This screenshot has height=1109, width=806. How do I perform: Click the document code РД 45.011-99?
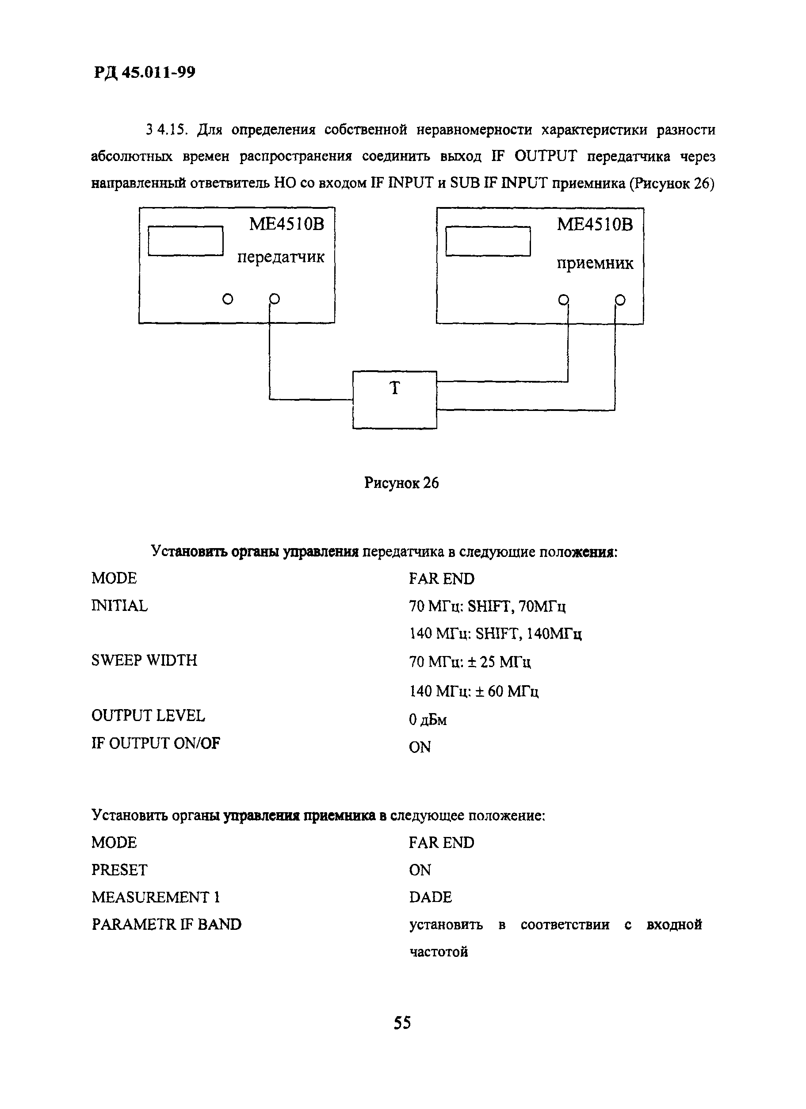[x=144, y=73]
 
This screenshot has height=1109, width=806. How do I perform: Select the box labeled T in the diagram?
[x=394, y=399]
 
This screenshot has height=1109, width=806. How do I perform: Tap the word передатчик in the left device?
[x=281, y=257]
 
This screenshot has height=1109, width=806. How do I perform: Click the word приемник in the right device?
[x=594, y=264]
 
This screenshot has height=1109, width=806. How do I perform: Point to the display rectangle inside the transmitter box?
[x=185, y=241]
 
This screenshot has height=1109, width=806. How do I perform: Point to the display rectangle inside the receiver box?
[x=488, y=241]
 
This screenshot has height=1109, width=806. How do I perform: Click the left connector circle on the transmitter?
[x=228, y=299]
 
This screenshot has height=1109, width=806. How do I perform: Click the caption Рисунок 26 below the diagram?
[x=401, y=483]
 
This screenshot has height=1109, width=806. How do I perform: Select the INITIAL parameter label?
[x=119, y=606]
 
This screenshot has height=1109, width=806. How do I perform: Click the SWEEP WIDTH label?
[x=144, y=660]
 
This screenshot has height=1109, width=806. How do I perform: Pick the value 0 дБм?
[x=428, y=719]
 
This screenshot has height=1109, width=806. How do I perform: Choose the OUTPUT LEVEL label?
[x=148, y=716]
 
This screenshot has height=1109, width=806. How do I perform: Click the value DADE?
[x=430, y=897]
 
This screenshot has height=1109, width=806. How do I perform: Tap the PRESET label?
[x=119, y=870]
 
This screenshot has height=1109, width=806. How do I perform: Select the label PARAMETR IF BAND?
[x=166, y=925]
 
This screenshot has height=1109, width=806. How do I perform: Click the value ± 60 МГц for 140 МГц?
[x=508, y=691]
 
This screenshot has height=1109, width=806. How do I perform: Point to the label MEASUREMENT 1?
[x=156, y=897]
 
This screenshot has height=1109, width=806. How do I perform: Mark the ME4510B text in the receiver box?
[x=594, y=224]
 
